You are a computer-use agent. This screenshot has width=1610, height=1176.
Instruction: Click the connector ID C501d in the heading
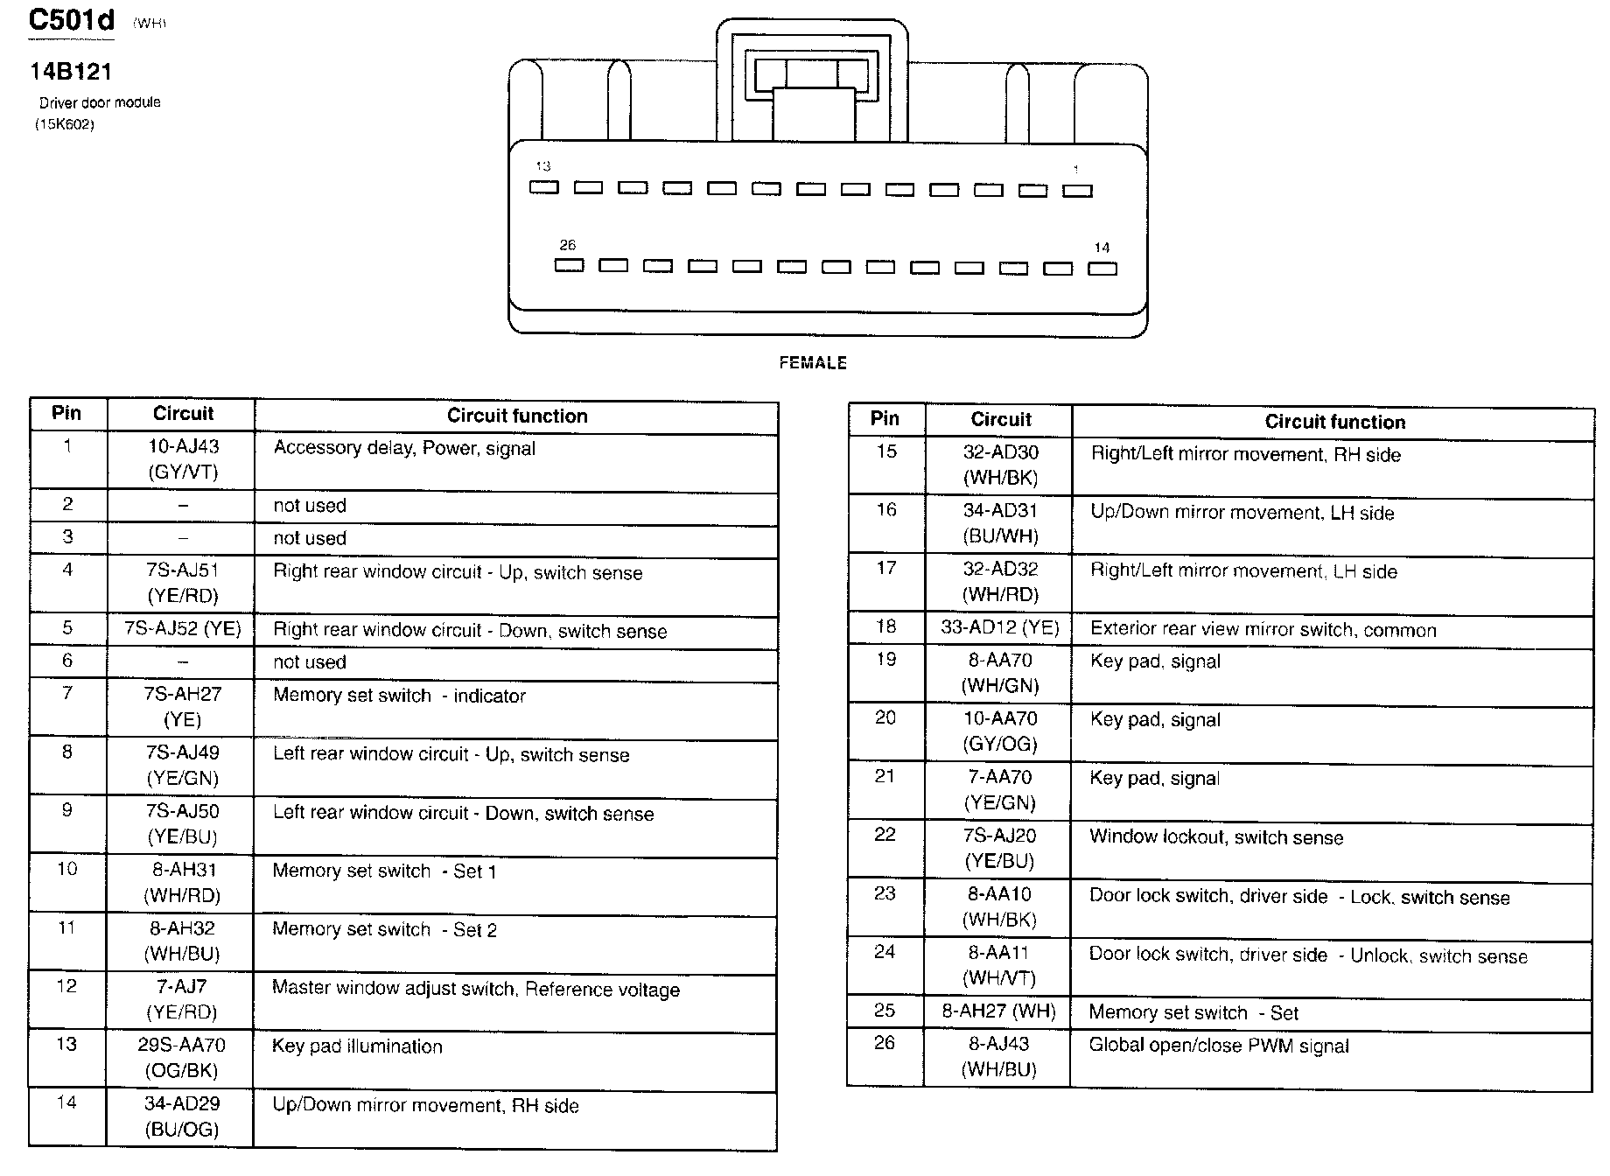coord(71,20)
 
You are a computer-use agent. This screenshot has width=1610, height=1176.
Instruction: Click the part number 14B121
coord(71,72)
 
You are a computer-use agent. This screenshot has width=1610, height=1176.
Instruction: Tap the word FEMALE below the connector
coord(813,362)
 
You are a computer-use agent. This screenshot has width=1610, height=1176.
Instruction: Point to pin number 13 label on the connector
coord(543,166)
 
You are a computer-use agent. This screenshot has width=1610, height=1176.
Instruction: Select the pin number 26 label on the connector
coord(568,245)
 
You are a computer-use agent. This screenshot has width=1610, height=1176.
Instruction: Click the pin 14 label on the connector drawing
coord(1102,248)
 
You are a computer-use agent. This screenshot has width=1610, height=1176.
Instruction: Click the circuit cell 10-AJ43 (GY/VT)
coord(183,459)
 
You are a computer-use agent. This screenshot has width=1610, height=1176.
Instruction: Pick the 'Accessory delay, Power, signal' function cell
coord(404,449)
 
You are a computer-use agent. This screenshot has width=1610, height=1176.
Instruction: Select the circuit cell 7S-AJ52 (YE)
coord(183,629)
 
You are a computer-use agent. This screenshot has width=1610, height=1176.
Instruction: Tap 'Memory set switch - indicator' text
coord(399,696)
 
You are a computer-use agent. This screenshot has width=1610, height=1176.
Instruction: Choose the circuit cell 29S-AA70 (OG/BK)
coord(183,1057)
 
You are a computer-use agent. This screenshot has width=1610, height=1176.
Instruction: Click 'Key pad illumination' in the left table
coord(357,1046)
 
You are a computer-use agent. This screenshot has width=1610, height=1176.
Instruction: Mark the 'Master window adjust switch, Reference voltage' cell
coord(475,989)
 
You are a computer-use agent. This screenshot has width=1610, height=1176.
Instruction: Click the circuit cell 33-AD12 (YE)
coord(1000,627)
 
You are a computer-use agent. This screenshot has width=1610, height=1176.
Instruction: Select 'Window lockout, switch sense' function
coord(1215,837)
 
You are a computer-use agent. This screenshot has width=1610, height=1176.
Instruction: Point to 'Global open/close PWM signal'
coord(1219,1046)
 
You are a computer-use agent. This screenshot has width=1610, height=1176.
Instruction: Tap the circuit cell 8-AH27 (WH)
coord(998,1012)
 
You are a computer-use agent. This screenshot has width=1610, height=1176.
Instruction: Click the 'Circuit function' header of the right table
coord(1334,422)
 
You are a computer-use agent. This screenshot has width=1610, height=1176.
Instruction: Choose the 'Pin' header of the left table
coord(66,413)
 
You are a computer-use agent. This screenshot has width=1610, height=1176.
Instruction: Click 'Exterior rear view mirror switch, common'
coord(1263,630)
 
